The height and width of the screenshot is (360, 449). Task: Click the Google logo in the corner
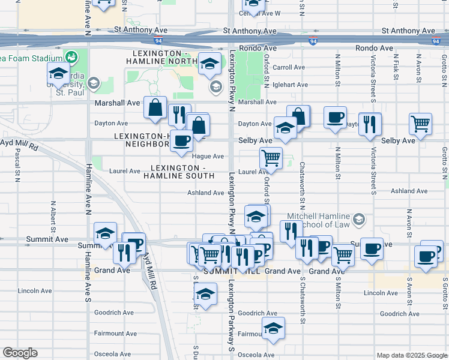tap(20, 353)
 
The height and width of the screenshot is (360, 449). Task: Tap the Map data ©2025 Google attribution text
tap(411, 355)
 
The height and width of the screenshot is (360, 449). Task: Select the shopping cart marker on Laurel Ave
tap(271, 158)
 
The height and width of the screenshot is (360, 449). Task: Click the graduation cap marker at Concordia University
tap(58, 74)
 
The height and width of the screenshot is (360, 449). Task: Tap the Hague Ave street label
tap(209, 157)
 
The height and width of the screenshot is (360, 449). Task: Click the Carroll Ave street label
tap(289, 68)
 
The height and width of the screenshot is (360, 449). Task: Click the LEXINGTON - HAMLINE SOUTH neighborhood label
tap(179, 172)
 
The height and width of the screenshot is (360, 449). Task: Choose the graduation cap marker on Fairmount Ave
tap(273, 328)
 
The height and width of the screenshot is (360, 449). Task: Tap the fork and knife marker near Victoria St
tap(370, 124)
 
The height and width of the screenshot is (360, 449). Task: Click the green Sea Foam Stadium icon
tap(72, 57)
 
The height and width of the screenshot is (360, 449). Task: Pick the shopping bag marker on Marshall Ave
tap(155, 108)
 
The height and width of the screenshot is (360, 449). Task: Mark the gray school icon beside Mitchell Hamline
tap(359, 220)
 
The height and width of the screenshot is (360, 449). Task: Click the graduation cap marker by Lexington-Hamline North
tap(210, 64)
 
